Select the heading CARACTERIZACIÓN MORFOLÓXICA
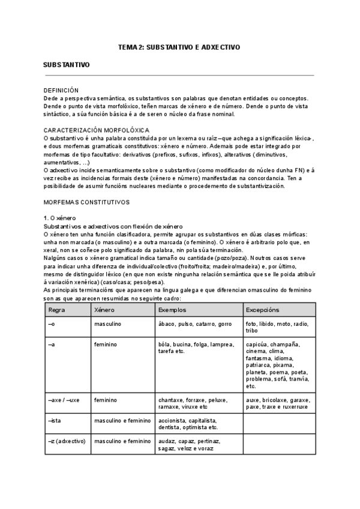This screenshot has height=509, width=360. (x=97, y=130)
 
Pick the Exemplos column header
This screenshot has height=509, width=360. (x=172, y=310)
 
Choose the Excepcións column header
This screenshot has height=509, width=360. (x=262, y=310)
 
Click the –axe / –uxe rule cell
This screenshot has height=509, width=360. (x=64, y=399)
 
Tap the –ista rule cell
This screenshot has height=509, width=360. (x=55, y=420)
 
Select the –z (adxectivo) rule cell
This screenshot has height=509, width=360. (x=66, y=441)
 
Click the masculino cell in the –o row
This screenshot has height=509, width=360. (x=107, y=324)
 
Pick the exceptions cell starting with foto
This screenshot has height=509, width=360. (x=277, y=327)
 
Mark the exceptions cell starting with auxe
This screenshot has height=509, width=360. (x=277, y=403)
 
